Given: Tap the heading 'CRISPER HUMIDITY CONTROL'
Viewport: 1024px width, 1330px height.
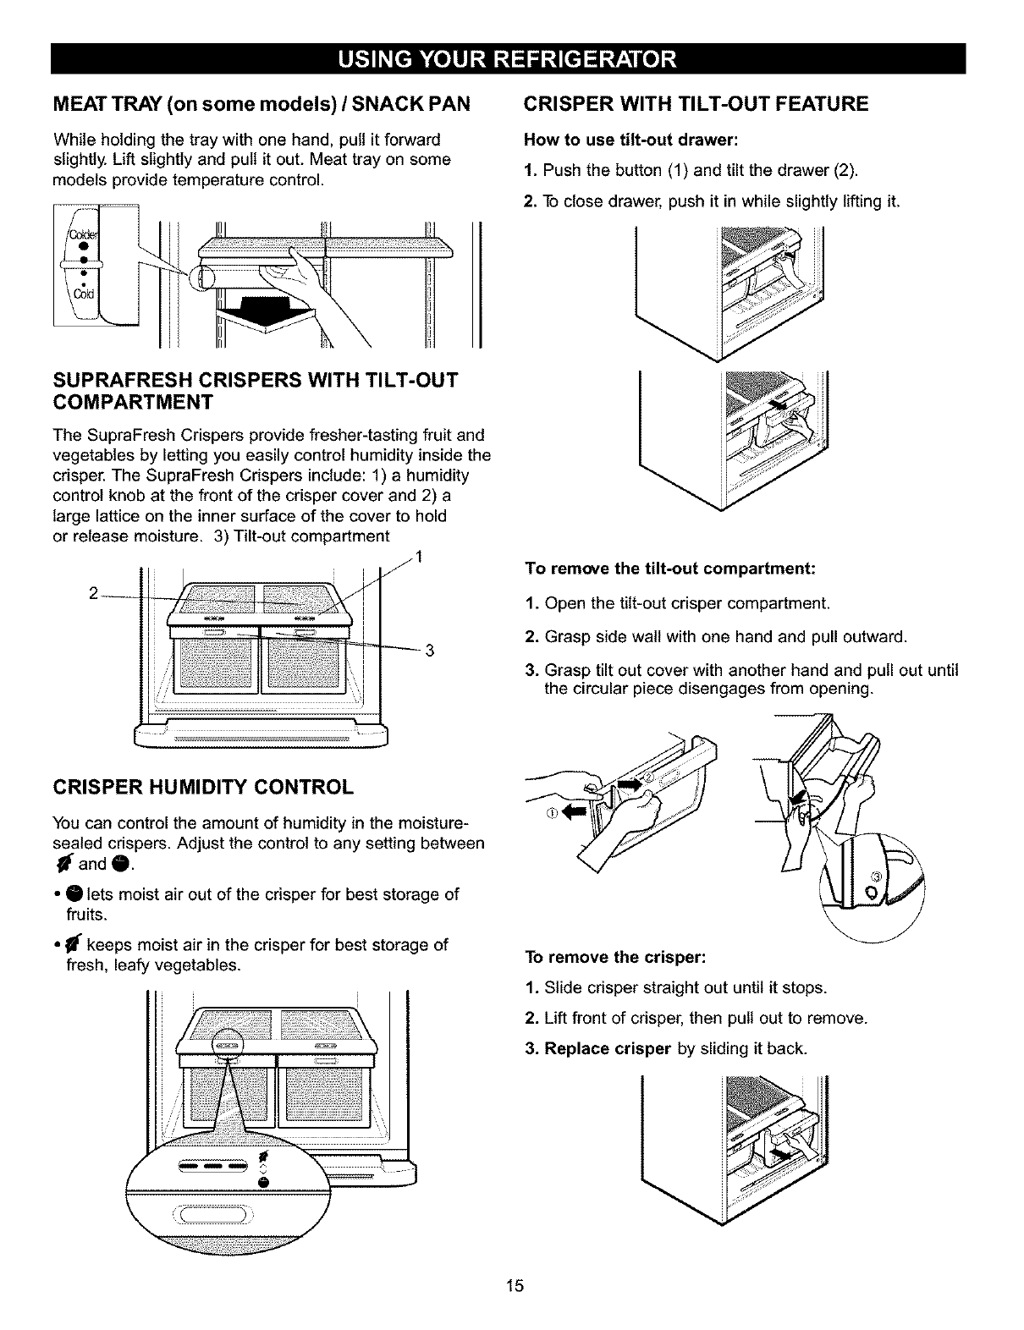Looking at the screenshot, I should [203, 788].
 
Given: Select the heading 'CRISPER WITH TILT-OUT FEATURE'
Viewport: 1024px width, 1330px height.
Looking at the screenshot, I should [696, 105].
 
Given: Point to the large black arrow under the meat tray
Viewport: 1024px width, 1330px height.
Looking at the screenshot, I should [264, 311].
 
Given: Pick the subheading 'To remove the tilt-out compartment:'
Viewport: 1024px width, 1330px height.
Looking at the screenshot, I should [669, 569].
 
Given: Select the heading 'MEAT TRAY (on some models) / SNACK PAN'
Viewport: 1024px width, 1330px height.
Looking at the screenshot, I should [262, 105].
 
